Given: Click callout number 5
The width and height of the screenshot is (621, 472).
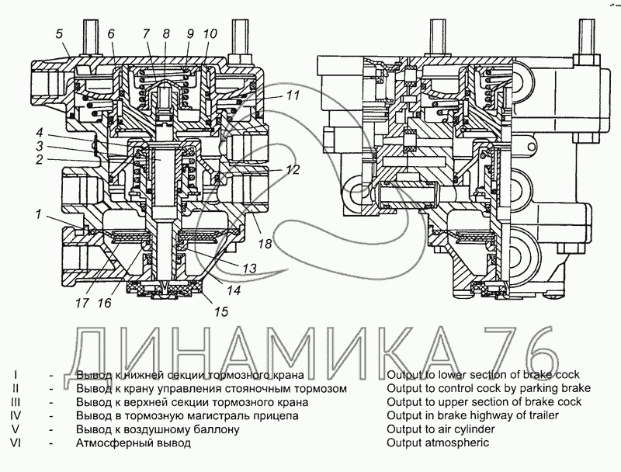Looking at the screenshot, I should click(60, 33).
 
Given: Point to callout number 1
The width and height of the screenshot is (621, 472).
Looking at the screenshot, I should click(38, 213).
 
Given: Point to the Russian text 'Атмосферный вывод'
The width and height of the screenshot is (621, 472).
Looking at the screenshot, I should click(133, 443).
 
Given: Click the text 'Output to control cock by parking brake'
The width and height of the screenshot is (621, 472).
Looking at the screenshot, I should click(488, 387).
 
